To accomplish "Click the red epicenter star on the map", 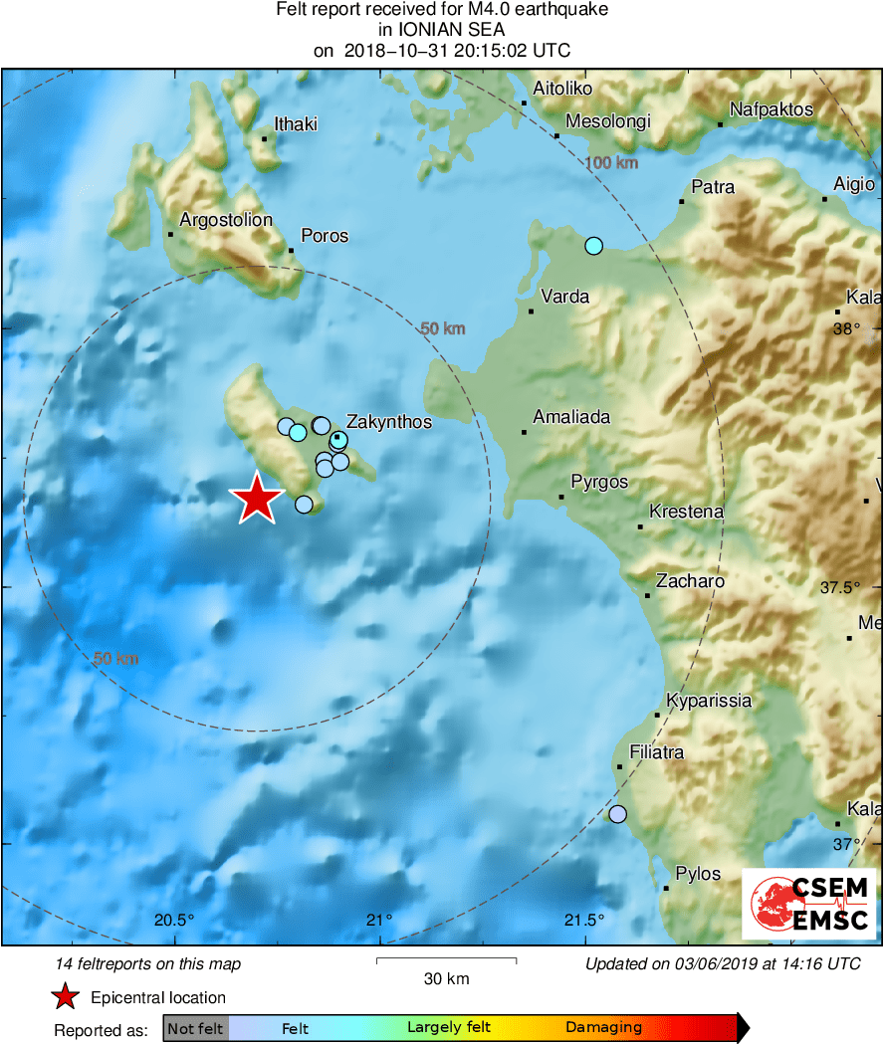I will pyautogui.click(x=257, y=498).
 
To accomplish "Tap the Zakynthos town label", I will pyautogui.click(x=388, y=422).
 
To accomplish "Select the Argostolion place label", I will pyautogui.click(x=226, y=220).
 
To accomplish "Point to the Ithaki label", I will pyautogui.click(x=296, y=124).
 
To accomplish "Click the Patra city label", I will pyautogui.click(x=713, y=187).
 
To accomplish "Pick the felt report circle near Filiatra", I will pyautogui.click(x=618, y=814).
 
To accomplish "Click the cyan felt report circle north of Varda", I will pyautogui.click(x=594, y=245).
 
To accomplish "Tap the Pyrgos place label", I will pyautogui.click(x=599, y=482).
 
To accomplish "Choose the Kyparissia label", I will pyautogui.click(x=708, y=701).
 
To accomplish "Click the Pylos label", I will pyautogui.click(x=698, y=874).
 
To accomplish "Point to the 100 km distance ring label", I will pyautogui.click(x=610, y=162).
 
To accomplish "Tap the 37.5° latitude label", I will pyautogui.click(x=840, y=588).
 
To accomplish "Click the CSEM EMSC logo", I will pyautogui.click(x=809, y=903).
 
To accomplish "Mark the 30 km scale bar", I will pyautogui.click(x=446, y=960).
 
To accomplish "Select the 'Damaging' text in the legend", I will pyautogui.click(x=603, y=1028).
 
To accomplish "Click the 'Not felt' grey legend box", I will pyautogui.click(x=196, y=1028).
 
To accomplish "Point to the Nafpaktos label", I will pyautogui.click(x=772, y=109).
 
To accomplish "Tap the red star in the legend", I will pyautogui.click(x=66, y=997).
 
